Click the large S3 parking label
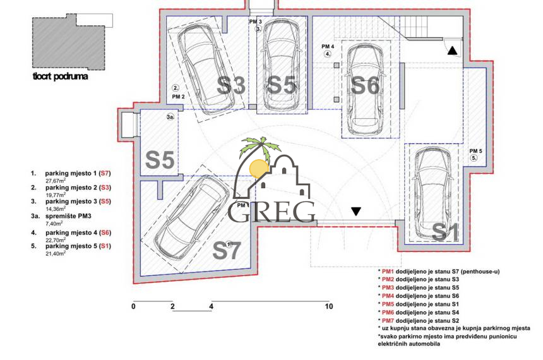[x=231, y=85]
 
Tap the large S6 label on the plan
[x=365, y=85]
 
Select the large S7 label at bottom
[x=227, y=250]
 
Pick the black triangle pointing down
[x=356, y=212]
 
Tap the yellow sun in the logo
[x=258, y=169]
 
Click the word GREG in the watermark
[x=271, y=212]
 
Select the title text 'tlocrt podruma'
[x=60, y=78]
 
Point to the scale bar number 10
[x=328, y=306]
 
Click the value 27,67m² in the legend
[x=57, y=180]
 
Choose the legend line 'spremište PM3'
[x=69, y=215]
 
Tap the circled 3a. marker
[x=170, y=117]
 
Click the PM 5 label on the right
[x=475, y=151]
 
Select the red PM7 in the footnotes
[x=388, y=320]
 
